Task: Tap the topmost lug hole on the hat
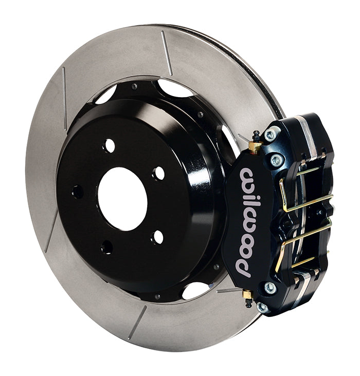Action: tap(109, 145)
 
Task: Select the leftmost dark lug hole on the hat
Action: tap(78, 192)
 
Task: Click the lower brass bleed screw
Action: tap(247, 297)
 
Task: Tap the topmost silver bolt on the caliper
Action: tap(269, 135)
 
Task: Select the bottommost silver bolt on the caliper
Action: tap(263, 307)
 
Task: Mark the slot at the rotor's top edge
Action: tap(166, 53)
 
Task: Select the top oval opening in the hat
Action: tap(175, 88)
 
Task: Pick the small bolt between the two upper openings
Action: tap(135, 87)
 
